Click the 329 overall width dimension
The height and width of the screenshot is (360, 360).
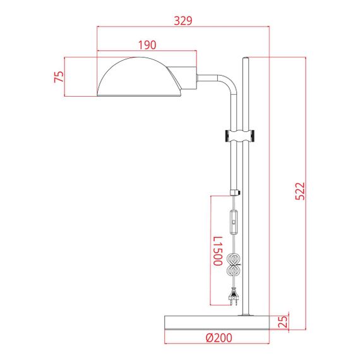183,20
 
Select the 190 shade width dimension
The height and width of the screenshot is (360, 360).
147,45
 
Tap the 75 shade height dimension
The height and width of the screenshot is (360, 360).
59,77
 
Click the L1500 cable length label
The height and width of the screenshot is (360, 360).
217,251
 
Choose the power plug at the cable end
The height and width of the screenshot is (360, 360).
235,296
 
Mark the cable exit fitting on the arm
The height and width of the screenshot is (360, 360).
237,193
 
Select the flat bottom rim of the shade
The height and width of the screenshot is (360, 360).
140,96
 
